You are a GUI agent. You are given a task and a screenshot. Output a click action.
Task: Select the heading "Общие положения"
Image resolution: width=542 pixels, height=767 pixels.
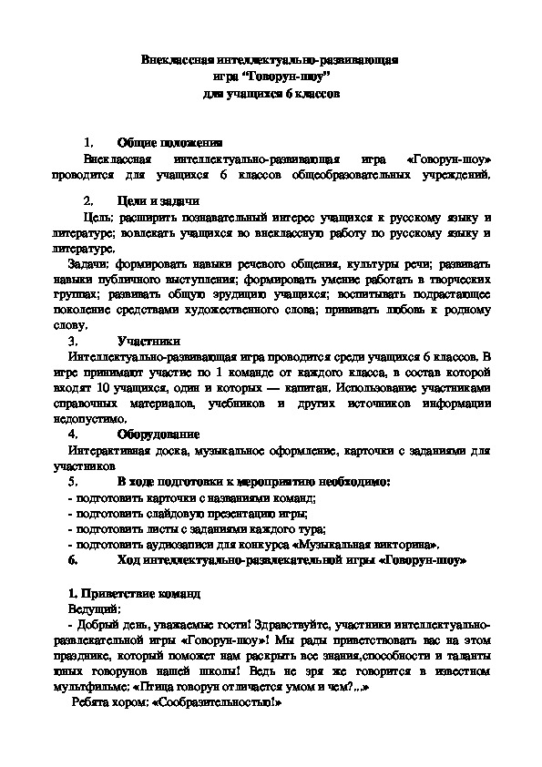[169, 143]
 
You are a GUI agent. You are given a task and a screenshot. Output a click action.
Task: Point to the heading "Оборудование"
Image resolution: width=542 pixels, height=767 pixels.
[159, 435]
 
